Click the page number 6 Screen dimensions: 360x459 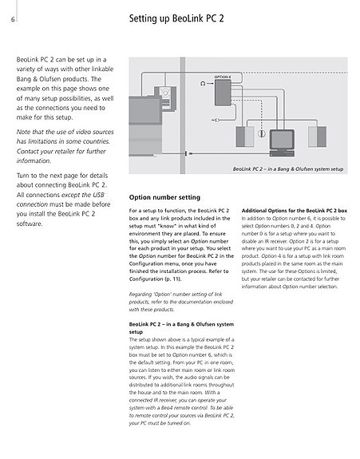13,20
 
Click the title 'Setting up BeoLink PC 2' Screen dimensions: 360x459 176,18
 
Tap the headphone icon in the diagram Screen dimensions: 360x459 203,84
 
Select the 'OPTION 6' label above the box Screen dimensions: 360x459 223,77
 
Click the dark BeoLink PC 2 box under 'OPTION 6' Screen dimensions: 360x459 223,93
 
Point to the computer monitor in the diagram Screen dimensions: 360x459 282,140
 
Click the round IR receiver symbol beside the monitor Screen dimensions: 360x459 262,134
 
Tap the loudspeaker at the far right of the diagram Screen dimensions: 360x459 317,137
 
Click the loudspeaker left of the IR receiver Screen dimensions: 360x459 245,137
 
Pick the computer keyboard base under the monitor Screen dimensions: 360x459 282,153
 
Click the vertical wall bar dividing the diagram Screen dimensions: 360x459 183,115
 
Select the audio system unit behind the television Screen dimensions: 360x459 165,97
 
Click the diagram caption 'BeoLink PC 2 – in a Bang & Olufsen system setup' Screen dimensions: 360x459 288,169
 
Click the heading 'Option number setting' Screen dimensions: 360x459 164,197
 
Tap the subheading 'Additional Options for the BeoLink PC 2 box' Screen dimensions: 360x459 295,211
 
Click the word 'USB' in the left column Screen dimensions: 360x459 99,195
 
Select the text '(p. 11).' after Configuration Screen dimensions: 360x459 173,279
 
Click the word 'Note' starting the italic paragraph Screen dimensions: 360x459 23,132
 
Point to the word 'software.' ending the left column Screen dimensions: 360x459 30,224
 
